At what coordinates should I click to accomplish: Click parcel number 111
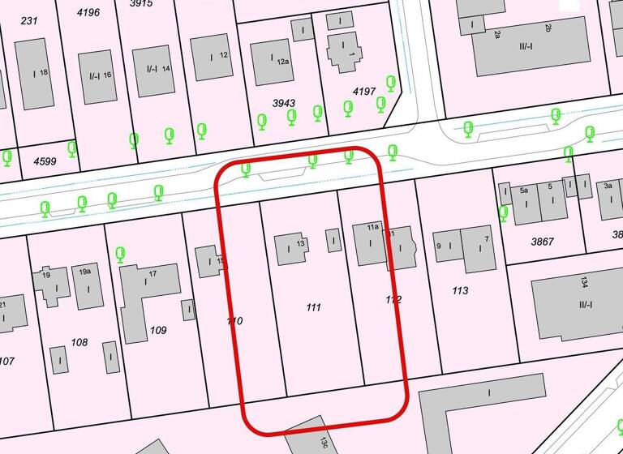[313, 307]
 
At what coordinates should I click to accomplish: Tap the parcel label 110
[235, 321]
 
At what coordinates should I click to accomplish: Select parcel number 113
[460, 289]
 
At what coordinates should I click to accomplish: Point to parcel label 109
[158, 330]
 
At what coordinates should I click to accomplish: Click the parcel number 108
[79, 342]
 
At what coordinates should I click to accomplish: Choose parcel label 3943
[284, 104]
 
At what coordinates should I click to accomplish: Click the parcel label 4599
[45, 161]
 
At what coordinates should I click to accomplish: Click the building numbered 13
[290, 248]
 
